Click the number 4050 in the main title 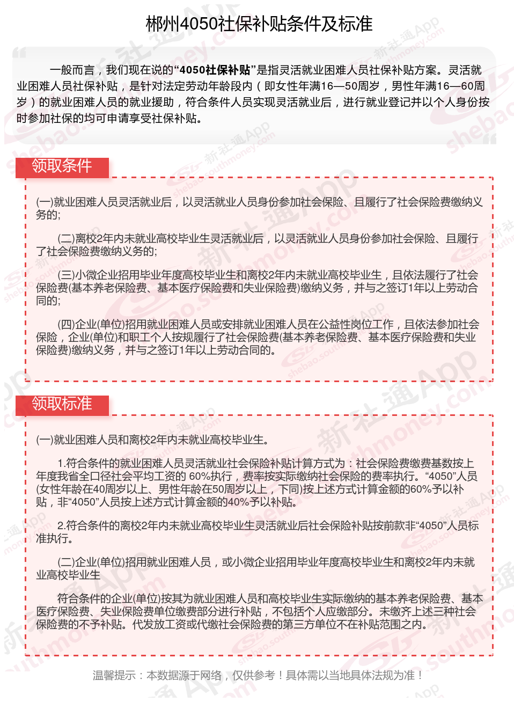199,24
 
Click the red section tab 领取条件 62,166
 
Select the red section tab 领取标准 62,404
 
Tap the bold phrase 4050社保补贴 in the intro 215,70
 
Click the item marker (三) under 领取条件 66,275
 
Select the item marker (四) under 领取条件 66,325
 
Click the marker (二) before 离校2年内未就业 66,239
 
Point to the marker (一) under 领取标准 45,440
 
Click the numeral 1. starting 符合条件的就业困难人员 61,463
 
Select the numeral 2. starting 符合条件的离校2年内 61,526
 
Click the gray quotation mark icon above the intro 20,53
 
